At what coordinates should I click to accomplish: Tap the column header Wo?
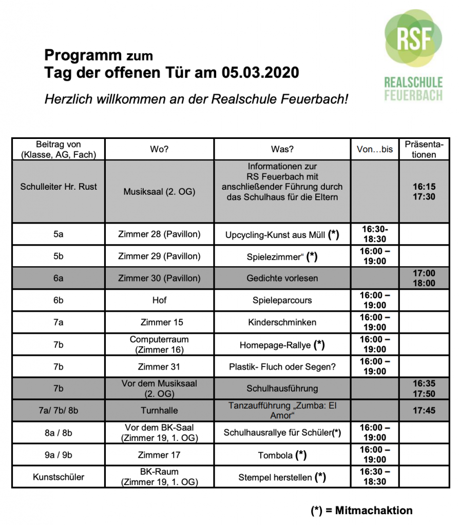click(x=159, y=149)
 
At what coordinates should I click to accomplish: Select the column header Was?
click(x=282, y=149)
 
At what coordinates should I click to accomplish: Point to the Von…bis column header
click(x=375, y=149)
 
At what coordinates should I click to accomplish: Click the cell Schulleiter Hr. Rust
click(x=59, y=187)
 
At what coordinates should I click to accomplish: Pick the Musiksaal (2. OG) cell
click(x=159, y=191)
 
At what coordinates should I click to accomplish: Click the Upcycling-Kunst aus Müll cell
click(x=282, y=235)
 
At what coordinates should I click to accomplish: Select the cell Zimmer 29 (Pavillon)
click(x=159, y=256)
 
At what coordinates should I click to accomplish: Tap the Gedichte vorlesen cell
click(x=282, y=278)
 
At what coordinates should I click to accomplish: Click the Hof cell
click(x=159, y=300)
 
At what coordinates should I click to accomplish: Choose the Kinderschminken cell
click(x=282, y=322)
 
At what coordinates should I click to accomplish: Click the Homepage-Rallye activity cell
click(x=282, y=345)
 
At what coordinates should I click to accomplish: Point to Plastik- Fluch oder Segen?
click(x=282, y=367)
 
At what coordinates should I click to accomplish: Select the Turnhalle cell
click(x=159, y=411)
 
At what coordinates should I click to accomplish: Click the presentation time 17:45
click(x=424, y=411)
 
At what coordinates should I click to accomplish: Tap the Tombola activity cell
click(x=282, y=455)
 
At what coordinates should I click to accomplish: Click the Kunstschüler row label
click(x=59, y=477)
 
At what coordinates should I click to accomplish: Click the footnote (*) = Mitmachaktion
click(x=361, y=510)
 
